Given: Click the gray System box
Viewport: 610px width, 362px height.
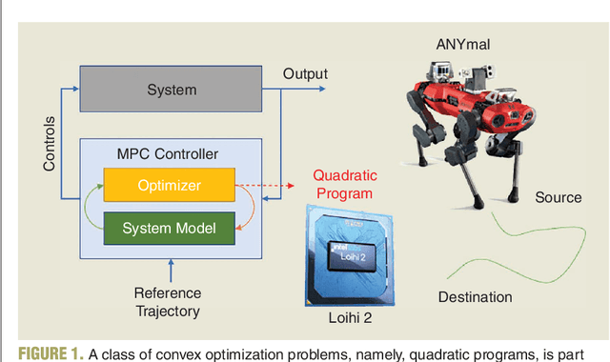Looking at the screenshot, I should coord(171,90).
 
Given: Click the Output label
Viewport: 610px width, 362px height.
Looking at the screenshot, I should coord(305,74).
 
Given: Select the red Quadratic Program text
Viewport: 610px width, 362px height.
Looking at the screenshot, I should coord(344,184).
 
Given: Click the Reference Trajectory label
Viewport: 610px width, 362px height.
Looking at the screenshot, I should coord(168,303).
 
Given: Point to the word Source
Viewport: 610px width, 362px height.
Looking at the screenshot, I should coord(558,197).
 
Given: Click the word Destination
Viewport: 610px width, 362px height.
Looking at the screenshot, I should coord(475,297).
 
